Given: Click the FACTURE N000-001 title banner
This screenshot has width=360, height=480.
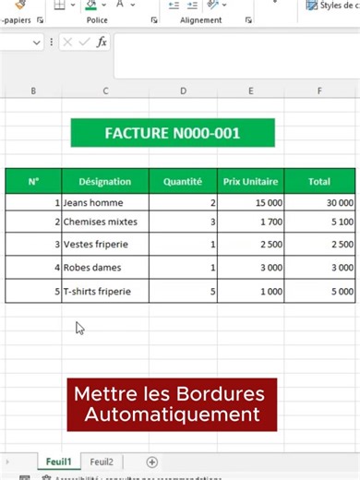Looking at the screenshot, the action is point(173,133).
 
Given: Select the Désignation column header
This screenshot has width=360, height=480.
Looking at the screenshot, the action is point(105,182).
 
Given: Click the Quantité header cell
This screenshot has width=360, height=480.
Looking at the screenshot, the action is point(183,182).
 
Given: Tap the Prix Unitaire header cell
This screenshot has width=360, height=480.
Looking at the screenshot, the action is point(251,182).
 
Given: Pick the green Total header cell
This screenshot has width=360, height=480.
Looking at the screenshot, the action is point(319,182).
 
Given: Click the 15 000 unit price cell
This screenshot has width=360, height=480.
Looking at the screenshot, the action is point(251,202).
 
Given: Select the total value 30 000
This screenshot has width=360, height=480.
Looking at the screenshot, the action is point(319,202).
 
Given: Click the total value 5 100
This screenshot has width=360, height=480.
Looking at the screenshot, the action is point(319,222).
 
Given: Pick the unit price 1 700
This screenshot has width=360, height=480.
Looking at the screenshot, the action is point(251,222).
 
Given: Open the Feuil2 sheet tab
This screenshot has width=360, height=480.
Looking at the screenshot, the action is point(102,462).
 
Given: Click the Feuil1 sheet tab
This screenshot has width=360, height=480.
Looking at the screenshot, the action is point(58,462).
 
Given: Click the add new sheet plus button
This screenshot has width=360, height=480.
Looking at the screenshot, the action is point(152,462).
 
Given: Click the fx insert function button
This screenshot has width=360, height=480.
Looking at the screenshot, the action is point(102,42).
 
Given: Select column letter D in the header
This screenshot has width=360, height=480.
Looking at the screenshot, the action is point(183,90).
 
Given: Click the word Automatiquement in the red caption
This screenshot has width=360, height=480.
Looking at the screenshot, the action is point(172,414).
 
